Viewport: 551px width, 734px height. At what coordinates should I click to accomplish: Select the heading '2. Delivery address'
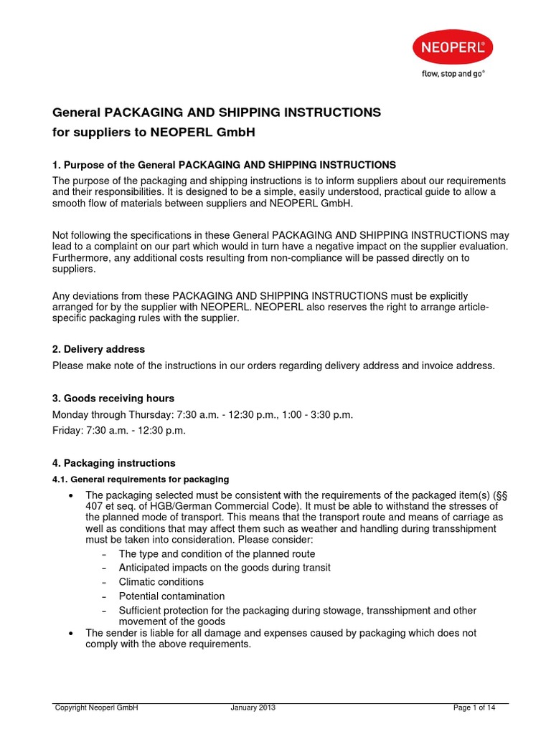tap(99, 349)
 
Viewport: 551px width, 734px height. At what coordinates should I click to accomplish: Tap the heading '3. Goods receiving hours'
tap(113, 398)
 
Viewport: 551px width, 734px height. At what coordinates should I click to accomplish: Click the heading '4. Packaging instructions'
tap(114, 463)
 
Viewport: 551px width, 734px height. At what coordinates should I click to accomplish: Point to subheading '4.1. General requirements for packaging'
tap(141, 479)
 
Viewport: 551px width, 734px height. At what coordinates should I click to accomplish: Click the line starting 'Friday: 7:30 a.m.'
tap(119, 430)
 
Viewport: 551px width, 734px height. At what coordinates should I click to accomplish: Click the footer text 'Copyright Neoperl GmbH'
tap(96, 707)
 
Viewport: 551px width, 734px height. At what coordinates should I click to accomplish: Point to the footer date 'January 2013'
tap(253, 707)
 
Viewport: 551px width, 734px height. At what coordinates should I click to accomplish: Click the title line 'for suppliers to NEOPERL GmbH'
tap(154, 133)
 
